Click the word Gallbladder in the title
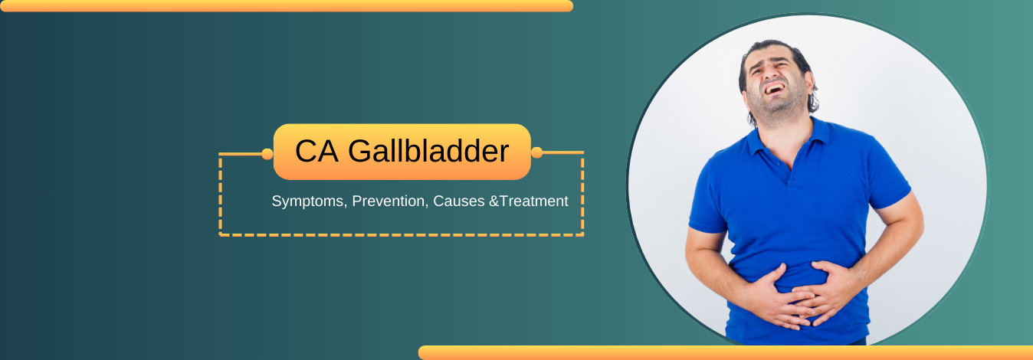click(x=428, y=152)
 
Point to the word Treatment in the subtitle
click(x=534, y=201)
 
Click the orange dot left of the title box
click(x=267, y=154)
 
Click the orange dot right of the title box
click(x=536, y=152)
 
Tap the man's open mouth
click(x=773, y=89)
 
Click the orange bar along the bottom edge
click(x=724, y=353)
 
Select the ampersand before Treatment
click(x=494, y=201)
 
